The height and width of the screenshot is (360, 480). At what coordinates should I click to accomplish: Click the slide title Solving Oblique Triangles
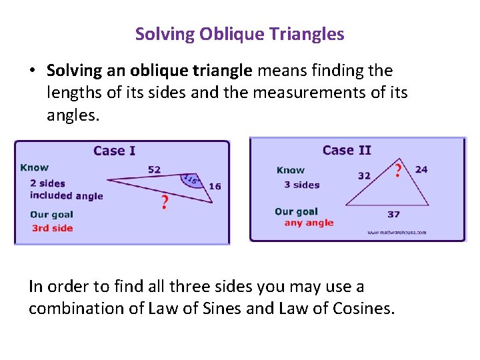tap(239, 34)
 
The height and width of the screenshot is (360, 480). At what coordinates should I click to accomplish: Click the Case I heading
tap(114, 151)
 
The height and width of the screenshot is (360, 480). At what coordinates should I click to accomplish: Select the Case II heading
tap(347, 151)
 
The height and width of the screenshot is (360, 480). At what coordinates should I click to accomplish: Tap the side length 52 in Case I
tap(154, 169)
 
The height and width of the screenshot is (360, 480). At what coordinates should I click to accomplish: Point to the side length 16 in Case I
tap(215, 187)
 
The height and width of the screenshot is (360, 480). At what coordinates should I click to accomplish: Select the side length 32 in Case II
tap(364, 176)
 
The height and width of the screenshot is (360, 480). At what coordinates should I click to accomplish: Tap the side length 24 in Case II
tap(421, 169)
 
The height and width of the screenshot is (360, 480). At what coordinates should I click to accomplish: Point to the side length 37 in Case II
tap(393, 214)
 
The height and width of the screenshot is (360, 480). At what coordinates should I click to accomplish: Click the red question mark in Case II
tap(399, 171)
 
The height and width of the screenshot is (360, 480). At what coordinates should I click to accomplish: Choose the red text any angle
tap(309, 223)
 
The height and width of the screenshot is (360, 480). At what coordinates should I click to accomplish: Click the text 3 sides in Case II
tap(302, 185)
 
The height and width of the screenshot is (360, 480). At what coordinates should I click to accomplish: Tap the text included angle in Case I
tap(67, 196)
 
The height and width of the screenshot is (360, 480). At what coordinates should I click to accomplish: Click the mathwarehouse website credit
tap(396, 233)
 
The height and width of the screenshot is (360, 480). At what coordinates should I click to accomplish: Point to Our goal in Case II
tap(297, 211)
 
